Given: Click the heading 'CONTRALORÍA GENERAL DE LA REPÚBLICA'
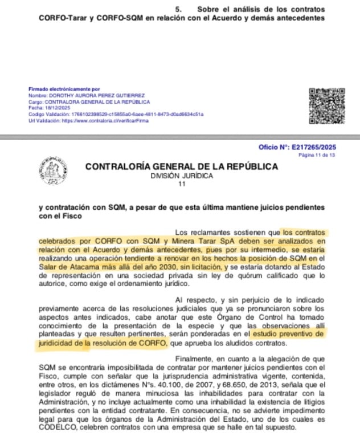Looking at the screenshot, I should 182,167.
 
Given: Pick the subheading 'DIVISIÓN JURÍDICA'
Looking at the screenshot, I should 182,176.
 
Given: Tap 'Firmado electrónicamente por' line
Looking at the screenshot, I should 64,89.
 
